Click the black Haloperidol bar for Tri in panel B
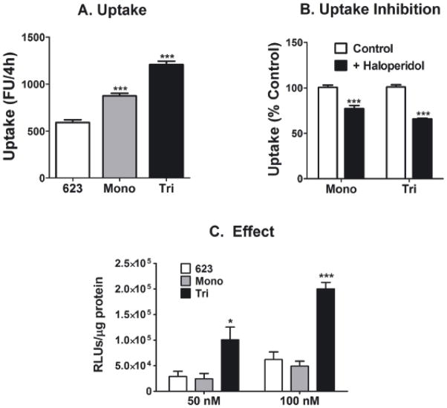click(x=424, y=149)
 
